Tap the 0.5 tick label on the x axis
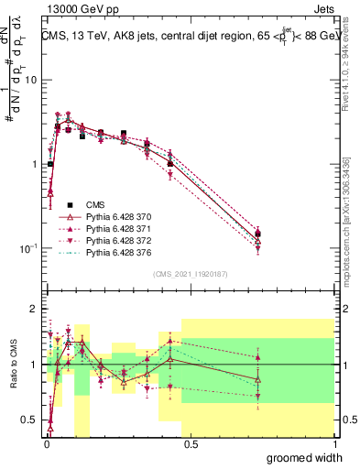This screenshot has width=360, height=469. (x=190, y=443)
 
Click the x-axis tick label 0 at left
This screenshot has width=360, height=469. (x=46, y=443)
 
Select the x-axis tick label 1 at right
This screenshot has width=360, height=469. (x=333, y=443)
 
